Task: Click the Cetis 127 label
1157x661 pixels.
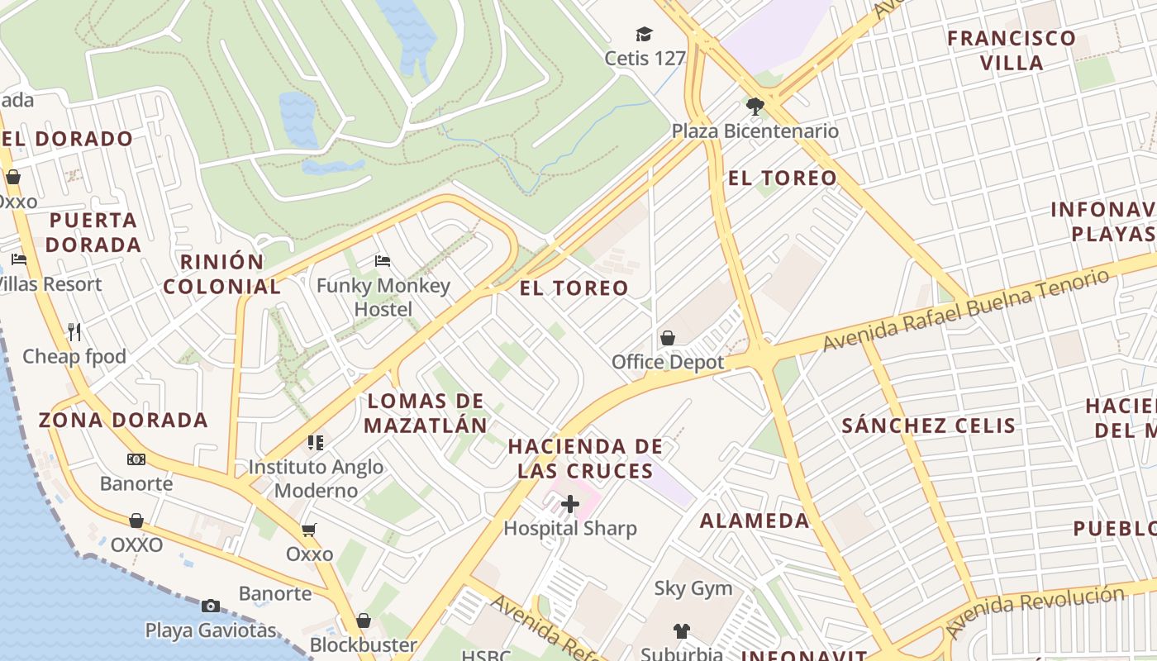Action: click(645, 59)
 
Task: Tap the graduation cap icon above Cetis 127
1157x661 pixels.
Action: click(644, 34)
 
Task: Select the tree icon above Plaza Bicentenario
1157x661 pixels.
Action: click(755, 106)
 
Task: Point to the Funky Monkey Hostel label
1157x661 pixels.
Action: click(383, 297)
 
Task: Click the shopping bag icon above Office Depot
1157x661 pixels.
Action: click(668, 338)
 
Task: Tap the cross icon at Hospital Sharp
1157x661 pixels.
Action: click(570, 503)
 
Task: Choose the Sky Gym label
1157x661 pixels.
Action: click(693, 588)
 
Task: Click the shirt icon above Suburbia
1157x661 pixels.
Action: click(681, 631)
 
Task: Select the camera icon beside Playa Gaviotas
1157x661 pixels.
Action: click(211, 606)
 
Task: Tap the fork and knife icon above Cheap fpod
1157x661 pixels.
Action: click(74, 332)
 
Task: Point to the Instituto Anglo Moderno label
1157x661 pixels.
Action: click(316, 478)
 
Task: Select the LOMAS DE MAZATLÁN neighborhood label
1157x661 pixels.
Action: click(426, 413)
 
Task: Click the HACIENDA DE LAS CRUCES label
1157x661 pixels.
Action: click(585, 459)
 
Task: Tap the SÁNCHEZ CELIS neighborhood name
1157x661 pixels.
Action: click(928, 426)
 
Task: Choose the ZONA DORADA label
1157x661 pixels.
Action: click(123, 420)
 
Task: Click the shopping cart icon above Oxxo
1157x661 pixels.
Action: click(309, 530)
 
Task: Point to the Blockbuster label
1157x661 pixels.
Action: click(363, 644)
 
